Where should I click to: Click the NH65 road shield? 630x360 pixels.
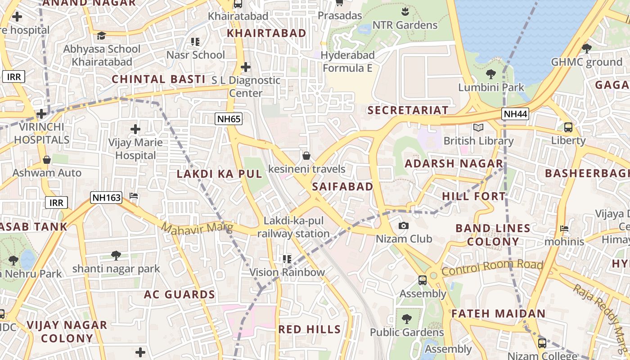(x=229, y=119)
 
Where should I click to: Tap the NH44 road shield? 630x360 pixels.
(x=515, y=114)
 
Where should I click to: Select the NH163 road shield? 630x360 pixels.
(x=106, y=197)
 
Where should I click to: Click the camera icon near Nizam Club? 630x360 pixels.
(x=404, y=226)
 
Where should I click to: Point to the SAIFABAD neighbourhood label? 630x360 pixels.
(x=343, y=187)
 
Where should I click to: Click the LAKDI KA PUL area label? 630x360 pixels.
(x=219, y=174)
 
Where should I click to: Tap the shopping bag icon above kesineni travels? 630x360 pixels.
(x=306, y=156)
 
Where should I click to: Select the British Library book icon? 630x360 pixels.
(x=478, y=128)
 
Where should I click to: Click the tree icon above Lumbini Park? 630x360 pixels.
(x=491, y=74)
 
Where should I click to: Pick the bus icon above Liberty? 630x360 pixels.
(x=568, y=127)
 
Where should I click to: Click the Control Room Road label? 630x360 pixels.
(x=492, y=267)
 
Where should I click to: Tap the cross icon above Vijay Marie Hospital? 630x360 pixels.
(x=135, y=130)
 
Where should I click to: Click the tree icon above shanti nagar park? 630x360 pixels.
(x=116, y=256)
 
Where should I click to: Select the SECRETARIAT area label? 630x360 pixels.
(x=408, y=110)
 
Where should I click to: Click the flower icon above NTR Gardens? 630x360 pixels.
(x=405, y=11)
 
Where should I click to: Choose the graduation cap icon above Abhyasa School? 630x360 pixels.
(x=101, y=35)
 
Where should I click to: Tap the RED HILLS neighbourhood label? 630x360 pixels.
(x=310, y=329)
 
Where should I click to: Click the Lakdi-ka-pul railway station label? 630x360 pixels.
(x=293, y=227)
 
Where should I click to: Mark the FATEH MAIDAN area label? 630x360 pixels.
(x=498, y=314)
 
